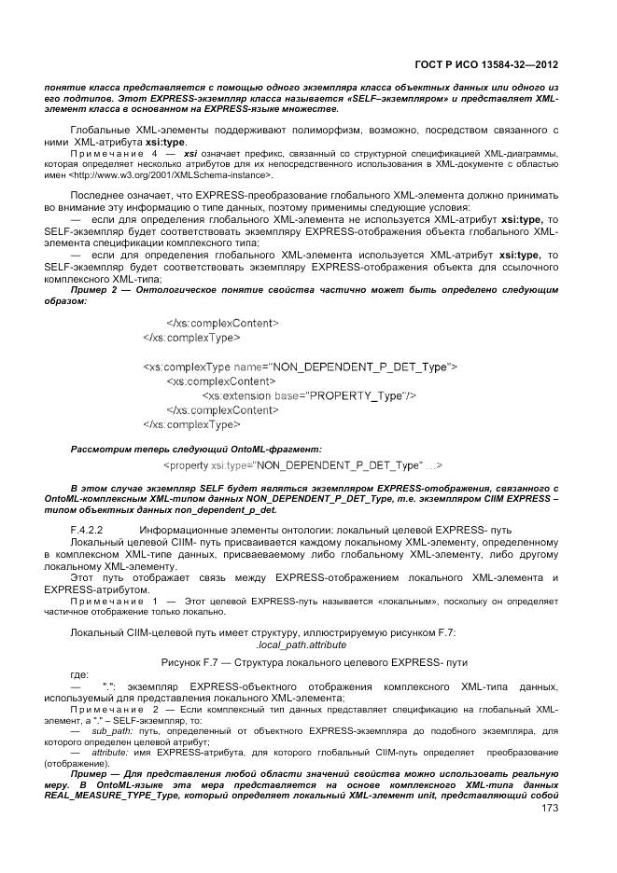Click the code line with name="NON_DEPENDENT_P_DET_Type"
299,367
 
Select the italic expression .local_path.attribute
301,644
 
